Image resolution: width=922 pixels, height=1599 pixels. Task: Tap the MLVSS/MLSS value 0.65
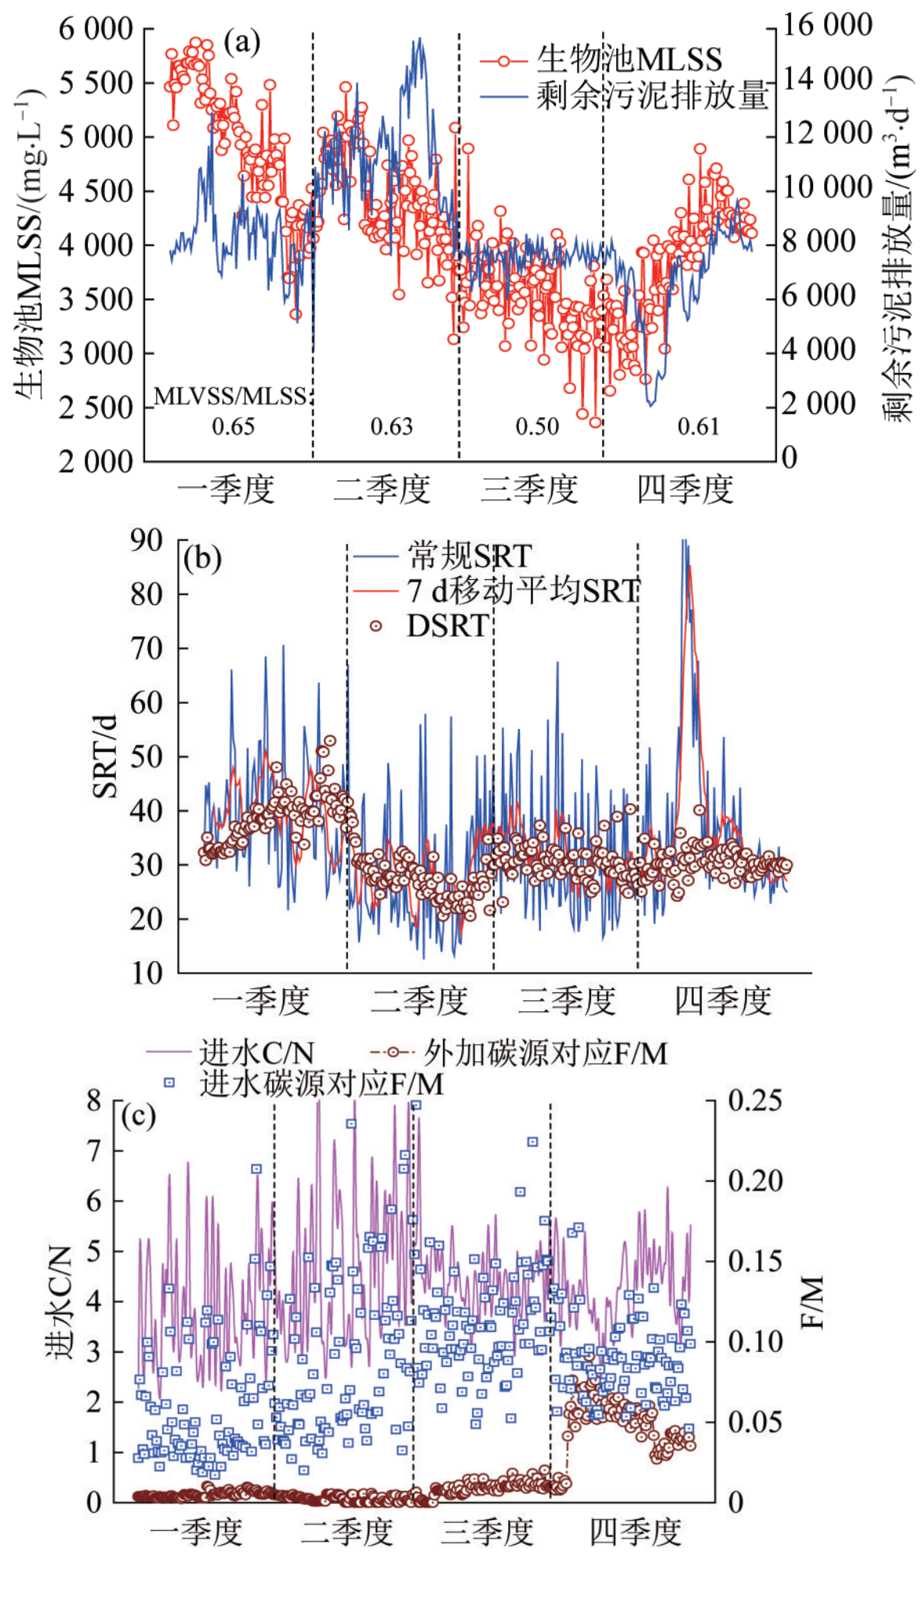[x=234, y=426]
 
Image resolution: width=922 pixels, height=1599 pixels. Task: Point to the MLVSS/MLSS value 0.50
[x=537, y=426]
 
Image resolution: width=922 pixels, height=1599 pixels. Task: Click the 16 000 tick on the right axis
[x=828, y=25]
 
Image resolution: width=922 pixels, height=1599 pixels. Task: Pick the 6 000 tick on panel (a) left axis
[x=96, y=29]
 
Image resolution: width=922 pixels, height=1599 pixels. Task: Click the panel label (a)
[x=241, y=42]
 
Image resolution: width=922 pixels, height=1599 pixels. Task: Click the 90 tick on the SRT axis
[x=147, y=540]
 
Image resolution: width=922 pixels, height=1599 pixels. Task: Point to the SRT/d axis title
[x=105, y=756]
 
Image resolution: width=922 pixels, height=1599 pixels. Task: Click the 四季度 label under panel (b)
[x=723, y=1001]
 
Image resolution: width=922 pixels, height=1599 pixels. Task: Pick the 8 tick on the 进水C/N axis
[x=94, y=1100]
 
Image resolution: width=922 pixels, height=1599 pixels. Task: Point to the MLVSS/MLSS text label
[x=230, y=397]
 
